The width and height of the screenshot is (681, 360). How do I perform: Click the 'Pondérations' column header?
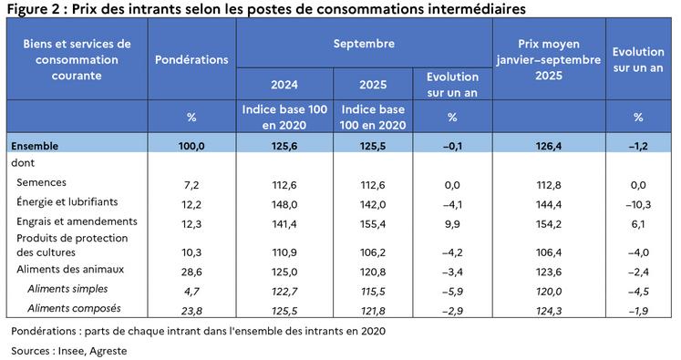click(x=191, y=59)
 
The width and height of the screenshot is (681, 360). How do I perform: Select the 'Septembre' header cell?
click(x=364, y=44)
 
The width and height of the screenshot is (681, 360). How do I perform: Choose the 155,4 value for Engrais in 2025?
click(x=373, y=222)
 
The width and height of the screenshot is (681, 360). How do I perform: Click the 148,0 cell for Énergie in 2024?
click(x=284, y=202)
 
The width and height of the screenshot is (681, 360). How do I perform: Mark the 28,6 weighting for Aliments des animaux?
click(x=191, y=271)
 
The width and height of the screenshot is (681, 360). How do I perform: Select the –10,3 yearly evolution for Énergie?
click(x=638, y=202)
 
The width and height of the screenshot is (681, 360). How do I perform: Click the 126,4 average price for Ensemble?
click(x=549, y=144)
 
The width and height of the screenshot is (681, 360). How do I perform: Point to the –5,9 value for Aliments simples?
click(x=453, y=289)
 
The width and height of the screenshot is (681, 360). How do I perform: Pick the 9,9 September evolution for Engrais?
click(x=453, y=222)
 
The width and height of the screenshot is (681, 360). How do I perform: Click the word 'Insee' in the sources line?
click(x=77, y=350)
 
